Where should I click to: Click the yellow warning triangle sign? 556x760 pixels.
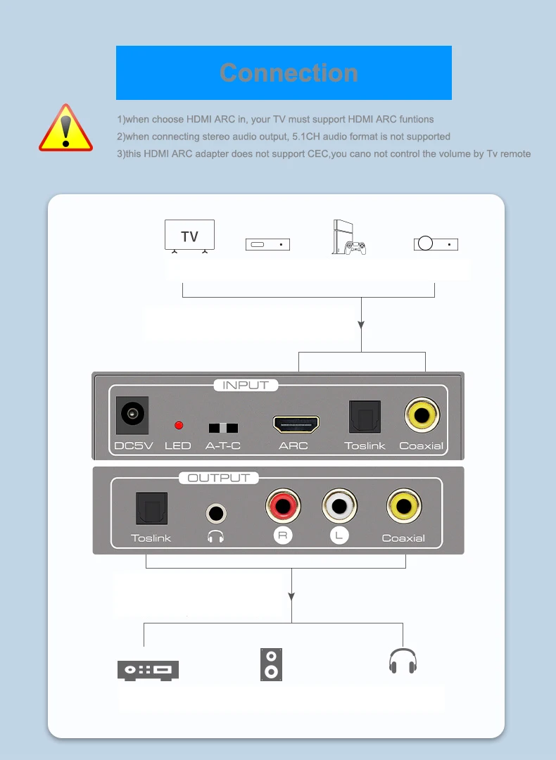tap(65, 129)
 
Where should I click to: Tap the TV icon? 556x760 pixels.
tap(189, 236)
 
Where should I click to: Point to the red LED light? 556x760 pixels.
tap(179, 425)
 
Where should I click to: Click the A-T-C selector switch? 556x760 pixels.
tap(223, 428)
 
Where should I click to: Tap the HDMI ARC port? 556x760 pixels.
tap(296, 424)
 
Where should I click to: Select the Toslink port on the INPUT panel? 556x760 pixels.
tap(365, 417)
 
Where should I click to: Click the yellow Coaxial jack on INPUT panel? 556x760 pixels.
tap(422, 415)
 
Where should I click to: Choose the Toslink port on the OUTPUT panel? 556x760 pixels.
tap(151, 509)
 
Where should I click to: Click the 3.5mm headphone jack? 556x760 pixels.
tap(216, 513)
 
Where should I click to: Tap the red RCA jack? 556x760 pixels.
tap(283, 506)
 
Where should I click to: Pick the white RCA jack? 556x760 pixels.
tap(339, 506)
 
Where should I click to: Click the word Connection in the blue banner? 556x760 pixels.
tap(289, 72)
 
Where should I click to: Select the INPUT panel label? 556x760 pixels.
tap(246, 385)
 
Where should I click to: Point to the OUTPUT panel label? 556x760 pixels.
tap(219, 478)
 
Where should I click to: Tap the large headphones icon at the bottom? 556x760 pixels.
tap(403, 661)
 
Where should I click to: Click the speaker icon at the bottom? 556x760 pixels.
tap(271, 664)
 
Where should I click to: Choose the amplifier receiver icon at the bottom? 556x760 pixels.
tap(148, 670)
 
